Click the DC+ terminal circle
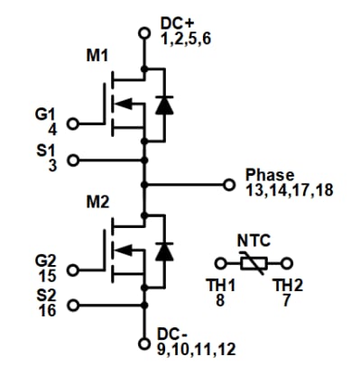tap(143, 33)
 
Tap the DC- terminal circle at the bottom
tap(143, 343)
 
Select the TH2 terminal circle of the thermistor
tap(288, 263)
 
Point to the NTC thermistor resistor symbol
tap(254, 263)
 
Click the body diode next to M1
tap(163, 105)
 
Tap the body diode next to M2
tap(163, 250)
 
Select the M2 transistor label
tap(97, 199)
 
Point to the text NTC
tap(254, 241)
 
